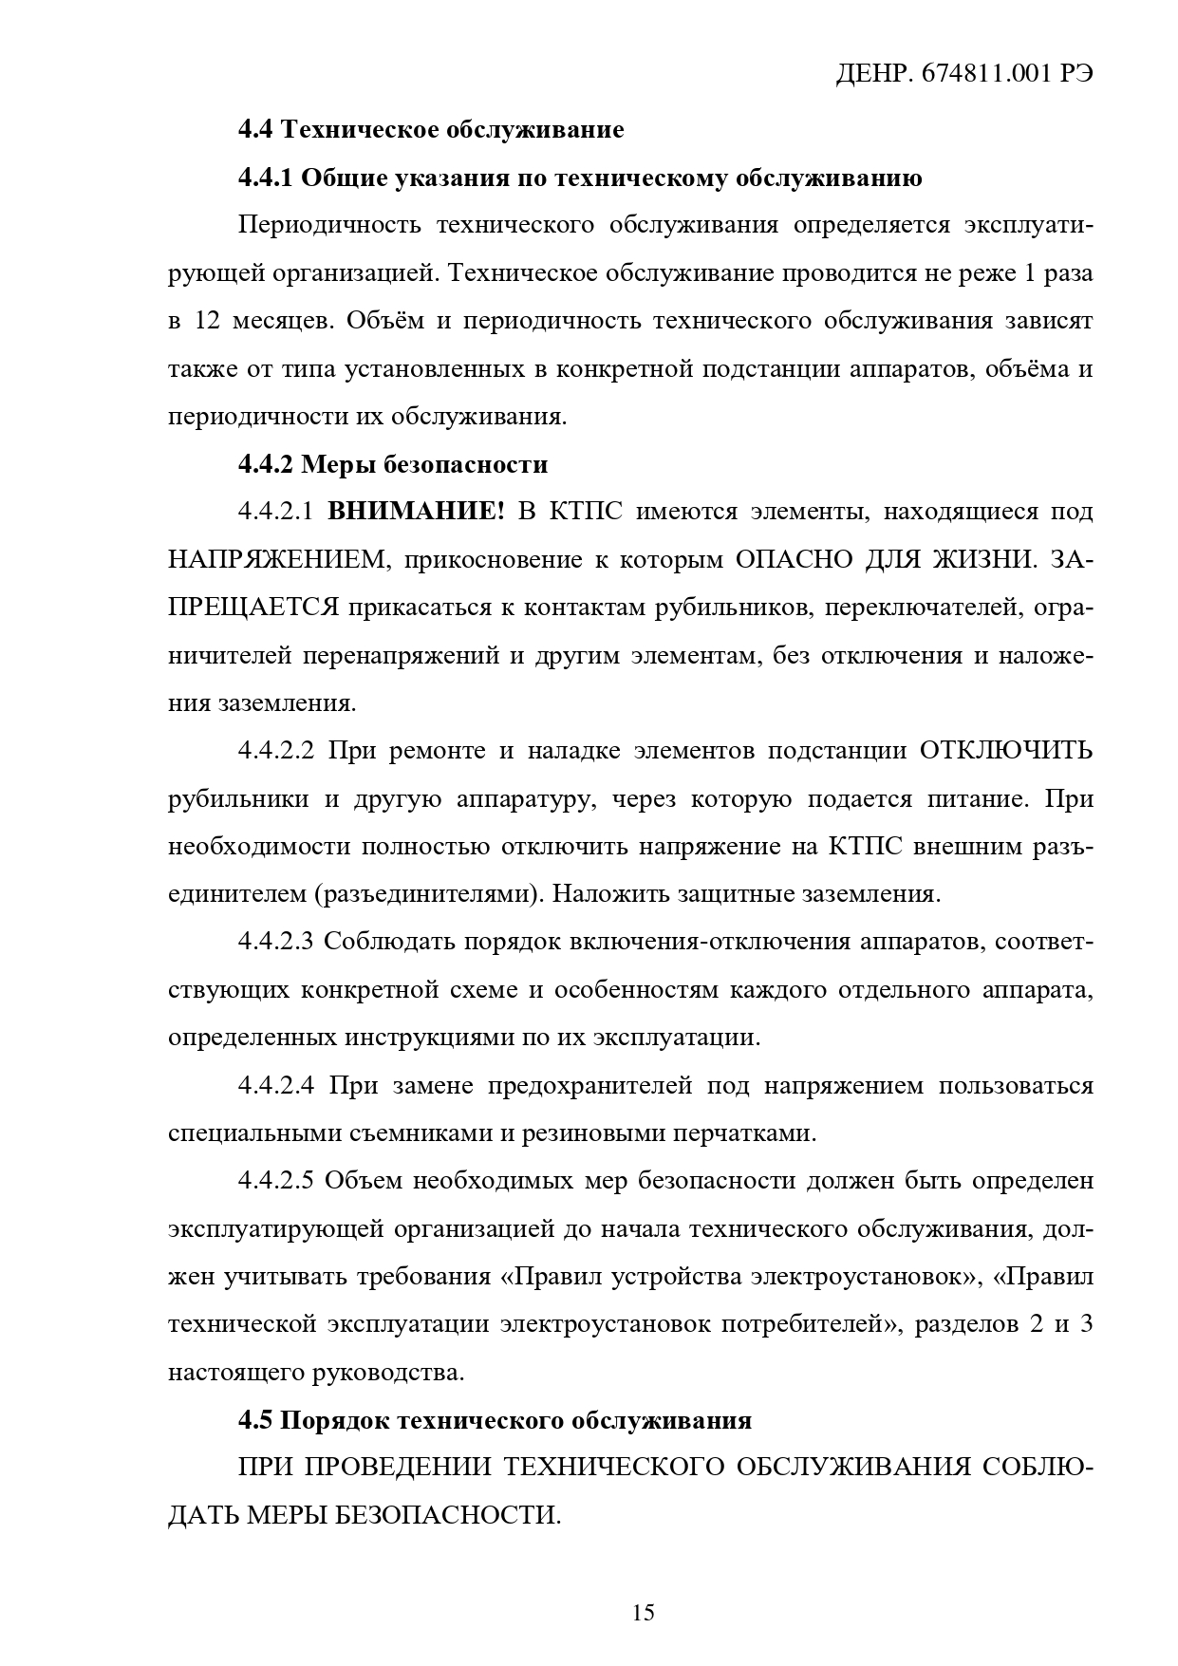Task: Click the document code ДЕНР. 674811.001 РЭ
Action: (x=963, y=75)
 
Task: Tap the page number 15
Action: (x=643, y=1612)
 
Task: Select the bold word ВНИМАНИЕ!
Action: (x=416, y=512)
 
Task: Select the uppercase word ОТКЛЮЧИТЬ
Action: (x=1005, y=751)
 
